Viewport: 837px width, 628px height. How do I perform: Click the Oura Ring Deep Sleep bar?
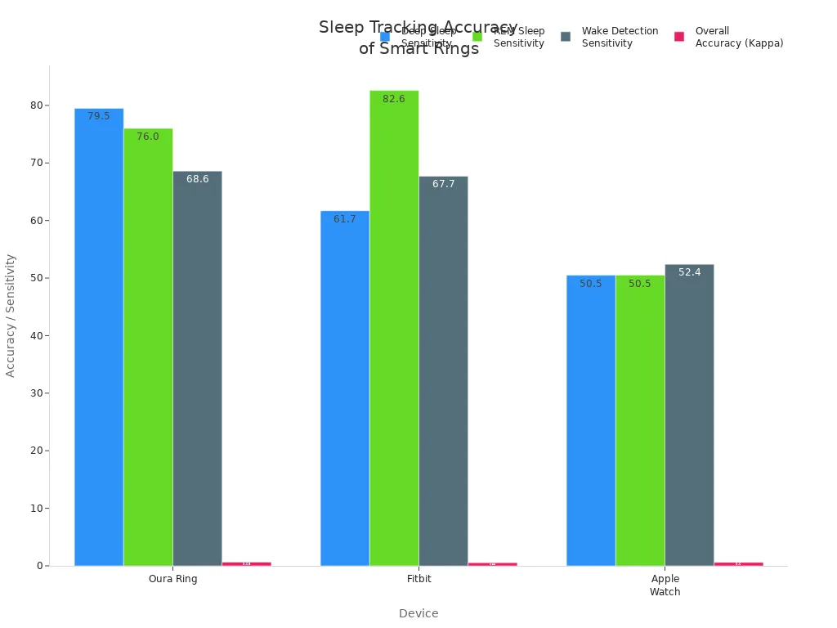99,336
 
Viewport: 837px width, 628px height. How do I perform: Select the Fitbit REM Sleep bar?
394,328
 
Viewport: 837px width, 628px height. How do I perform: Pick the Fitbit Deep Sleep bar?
345,388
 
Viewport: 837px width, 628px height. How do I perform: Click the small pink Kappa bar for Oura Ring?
246,563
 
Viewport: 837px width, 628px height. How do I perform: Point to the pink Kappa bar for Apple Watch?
738,563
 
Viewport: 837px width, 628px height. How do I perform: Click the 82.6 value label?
394,99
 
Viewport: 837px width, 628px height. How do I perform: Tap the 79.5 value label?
99,116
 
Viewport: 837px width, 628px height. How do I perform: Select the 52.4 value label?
689,272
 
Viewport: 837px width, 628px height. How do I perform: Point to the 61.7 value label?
345,219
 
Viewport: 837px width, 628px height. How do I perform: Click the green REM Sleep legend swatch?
477,37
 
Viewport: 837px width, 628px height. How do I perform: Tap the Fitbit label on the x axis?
418,579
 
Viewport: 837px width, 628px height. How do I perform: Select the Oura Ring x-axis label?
172,579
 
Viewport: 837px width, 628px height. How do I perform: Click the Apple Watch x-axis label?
665,585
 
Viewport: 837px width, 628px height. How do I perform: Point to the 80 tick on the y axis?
37,105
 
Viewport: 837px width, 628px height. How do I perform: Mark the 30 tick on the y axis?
37,393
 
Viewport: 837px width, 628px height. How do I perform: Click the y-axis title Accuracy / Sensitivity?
11,315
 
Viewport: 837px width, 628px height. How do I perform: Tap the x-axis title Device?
418,613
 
